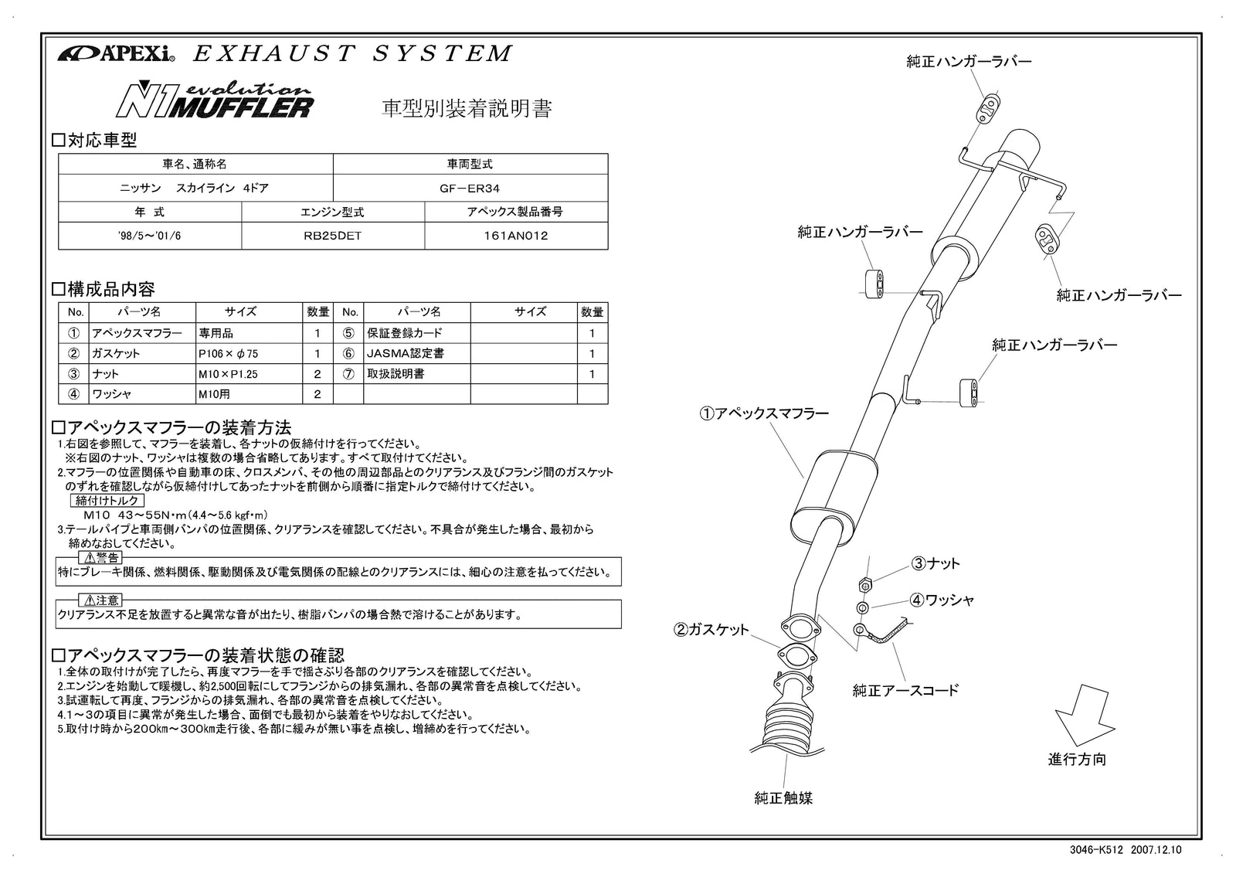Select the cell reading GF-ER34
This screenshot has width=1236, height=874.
(x=470, y=188)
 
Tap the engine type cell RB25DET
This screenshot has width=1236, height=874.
(x=332, y=236)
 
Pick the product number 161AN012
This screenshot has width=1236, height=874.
(x=515, y=236)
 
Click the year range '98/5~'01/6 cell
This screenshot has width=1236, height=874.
(x=150, y=236)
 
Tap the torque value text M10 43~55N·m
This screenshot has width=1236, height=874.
(x=175, y=515)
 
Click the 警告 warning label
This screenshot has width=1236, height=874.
(x=100, y=557)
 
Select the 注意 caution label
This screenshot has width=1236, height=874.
(x=100, y=600)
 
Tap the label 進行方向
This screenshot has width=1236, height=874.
(x=1077, y=760)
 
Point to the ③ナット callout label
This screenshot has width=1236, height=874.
(x=936, y=563)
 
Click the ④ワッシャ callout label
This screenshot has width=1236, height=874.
(x=942, y=600)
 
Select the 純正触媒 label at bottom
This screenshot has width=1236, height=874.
(x=783, y=798)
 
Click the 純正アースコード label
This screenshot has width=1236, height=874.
(x=905, y=690)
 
